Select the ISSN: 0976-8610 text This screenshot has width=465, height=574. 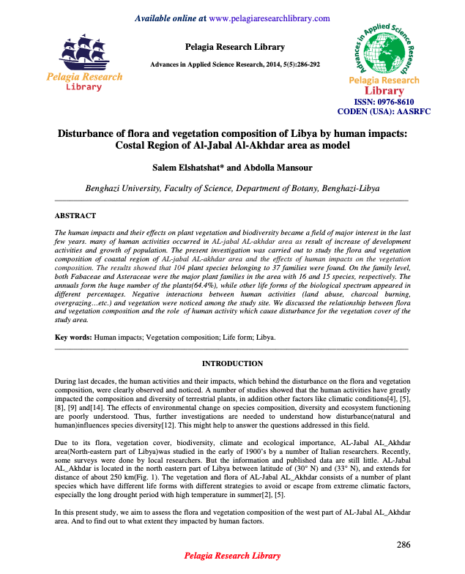point(384,102)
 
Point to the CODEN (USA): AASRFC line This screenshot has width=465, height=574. point(384,112)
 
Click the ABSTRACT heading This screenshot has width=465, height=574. point(75,216)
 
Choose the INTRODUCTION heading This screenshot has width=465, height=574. point(232,363)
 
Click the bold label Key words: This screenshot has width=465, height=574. point(74,337)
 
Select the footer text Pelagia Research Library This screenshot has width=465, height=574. point(232,557)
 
